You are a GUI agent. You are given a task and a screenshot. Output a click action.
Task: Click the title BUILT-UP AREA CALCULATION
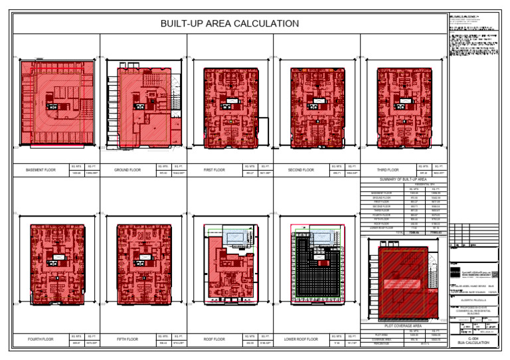point(230,24)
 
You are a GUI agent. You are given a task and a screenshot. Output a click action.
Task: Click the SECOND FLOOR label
point(301,170)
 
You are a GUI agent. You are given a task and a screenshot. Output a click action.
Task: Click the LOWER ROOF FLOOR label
point(301,339)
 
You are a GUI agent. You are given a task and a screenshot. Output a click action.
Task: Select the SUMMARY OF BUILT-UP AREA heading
point(403,180)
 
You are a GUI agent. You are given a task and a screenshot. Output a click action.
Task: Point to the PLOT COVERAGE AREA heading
point(403,326)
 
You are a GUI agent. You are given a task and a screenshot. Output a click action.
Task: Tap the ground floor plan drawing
point(142,105)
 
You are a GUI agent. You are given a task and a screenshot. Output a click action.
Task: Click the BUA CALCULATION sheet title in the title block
point(473,343)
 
